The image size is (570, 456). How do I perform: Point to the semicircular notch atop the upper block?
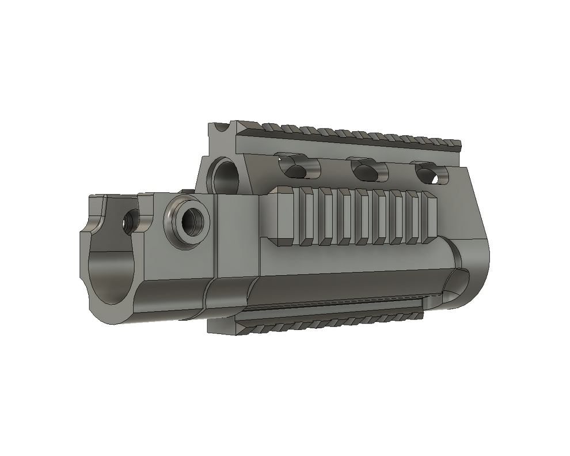click(x=221, y=127)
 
